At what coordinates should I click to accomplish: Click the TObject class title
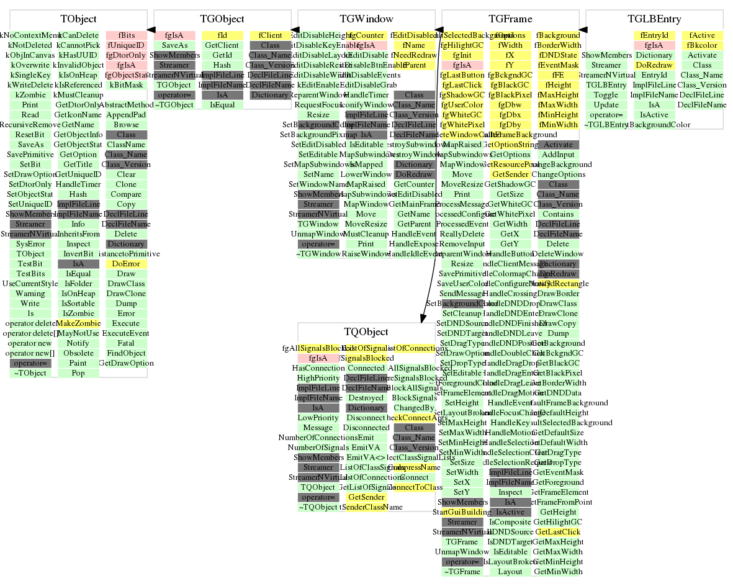[78, 19]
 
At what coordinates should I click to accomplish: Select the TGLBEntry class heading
[654, 19]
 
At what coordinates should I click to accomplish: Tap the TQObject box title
[366, 332]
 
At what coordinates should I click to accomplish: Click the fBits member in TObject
[126, 35]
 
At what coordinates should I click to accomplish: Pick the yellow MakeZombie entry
[78, 323]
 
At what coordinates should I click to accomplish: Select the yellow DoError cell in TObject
[126, 264]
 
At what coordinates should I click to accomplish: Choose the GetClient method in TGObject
[222, 45]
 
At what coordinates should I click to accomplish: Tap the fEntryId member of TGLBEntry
[654, 35]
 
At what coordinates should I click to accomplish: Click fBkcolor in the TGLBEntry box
[702, 45]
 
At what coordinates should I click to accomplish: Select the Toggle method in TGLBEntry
[606, 95]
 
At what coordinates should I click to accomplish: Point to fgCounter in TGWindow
[366, 35]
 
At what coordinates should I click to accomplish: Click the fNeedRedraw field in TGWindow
[414, 55]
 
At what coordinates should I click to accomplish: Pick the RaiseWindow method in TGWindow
[366, 254]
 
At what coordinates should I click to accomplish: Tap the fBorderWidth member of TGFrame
[558, 45]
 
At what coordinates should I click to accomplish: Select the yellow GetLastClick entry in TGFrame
[558, 532]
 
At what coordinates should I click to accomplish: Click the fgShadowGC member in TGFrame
[462, 95]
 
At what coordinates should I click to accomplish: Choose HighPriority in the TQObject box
[318, 378]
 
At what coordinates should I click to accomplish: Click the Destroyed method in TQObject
[366, 398]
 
